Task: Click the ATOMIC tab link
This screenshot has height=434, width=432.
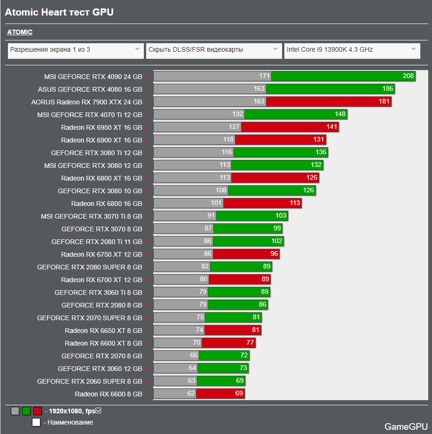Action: [20, 32]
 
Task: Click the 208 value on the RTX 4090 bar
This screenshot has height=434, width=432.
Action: [408, 76]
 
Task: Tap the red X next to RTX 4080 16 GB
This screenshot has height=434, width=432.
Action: [146, 90]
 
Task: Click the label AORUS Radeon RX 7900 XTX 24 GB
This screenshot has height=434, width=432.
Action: [86, 102]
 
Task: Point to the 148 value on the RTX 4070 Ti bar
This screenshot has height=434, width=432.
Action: [340, 114]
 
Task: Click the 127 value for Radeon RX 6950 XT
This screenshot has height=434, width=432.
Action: [234, 126]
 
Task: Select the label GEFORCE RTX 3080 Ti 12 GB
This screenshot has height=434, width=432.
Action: [96, 153]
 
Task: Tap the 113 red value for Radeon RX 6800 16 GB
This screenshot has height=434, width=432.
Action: [295, 203]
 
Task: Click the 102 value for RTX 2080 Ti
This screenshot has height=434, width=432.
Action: [277, 241]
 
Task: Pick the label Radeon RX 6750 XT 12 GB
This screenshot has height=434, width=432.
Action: [102, 254]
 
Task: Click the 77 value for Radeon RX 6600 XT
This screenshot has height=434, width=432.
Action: [250, 342]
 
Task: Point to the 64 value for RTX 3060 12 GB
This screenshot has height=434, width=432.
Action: [192, 368]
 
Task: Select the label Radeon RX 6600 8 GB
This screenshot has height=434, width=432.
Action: [109, 394]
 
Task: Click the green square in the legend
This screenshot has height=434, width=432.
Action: [26, 411]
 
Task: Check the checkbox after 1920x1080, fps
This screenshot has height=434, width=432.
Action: [98, 411]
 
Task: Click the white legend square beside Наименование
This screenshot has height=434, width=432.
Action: [36, 422]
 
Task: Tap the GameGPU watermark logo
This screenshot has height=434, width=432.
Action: [406, 426]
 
